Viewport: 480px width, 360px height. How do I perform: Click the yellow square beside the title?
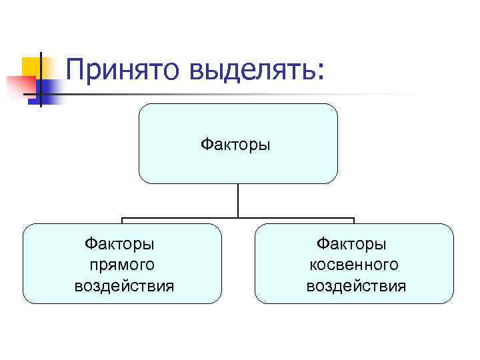[32, 67]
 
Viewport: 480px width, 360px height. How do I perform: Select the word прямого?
[121, 265]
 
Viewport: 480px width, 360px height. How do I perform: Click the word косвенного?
[354, 265]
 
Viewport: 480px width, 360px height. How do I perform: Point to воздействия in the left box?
[124, 287]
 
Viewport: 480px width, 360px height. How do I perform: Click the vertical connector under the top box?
[238, 200]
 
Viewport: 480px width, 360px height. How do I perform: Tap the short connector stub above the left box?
[122, 221]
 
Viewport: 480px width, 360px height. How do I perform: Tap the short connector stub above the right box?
[353, 221]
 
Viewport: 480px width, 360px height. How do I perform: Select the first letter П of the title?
[76, 69]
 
